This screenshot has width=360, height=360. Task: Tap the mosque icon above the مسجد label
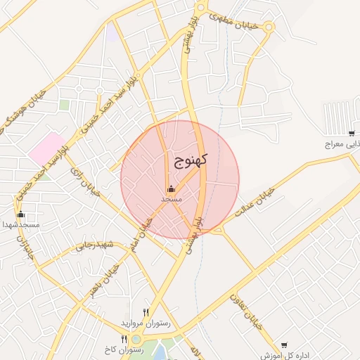pyautogui.click(x=171, y=188)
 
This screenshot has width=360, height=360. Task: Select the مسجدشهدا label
pyautogui.click(x=20, y=224)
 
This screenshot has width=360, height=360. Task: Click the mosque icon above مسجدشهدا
pyautogui.click(x=20, y=214)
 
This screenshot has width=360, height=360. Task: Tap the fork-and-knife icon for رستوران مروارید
pyautogui.click(x=146, y=312)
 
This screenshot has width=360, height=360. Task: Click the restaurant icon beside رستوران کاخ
pyautogui.click(x=124, y=339)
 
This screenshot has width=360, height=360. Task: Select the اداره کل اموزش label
pyautogui.click(x=284, y=355)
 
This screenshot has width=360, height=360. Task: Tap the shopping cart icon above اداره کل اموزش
pyautogui.click(x=284, y=345)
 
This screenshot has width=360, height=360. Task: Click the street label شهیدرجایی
pyautogui.click(x=95, y=245)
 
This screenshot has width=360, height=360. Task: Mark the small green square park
pyautogui.click(x=64, y=105)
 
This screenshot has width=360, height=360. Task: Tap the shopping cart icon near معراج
pyautogui.click(x=351, y=134)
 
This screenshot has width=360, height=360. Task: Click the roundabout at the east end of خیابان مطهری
pyautogui.click(x=269, y=27)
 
